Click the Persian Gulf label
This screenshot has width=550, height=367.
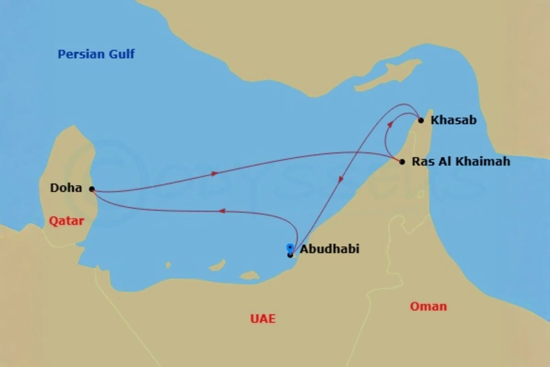coord(96,54)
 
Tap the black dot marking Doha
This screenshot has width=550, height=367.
coord(92,189)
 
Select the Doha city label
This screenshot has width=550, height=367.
coord(66,188)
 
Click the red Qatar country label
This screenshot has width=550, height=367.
coord(66,221)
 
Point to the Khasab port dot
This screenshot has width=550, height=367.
coord(421,120)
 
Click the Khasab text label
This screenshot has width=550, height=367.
coord(454,120)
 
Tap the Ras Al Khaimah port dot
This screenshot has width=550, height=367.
coord(402,161)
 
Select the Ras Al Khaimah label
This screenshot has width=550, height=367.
coord(461,161)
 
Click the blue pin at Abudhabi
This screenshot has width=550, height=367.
coord(290,248)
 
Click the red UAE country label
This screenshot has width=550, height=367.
coord(263,319)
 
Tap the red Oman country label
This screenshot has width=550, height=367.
coord(428,306)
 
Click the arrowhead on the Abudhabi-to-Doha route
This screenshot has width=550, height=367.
coord(222,211)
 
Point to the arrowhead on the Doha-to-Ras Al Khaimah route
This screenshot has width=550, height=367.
coord(214,173)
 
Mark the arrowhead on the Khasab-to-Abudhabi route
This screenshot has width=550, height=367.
coord(341,180)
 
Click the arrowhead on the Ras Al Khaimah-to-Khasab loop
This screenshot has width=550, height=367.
coord(390,124)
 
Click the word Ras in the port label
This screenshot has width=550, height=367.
coord(421,161)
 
